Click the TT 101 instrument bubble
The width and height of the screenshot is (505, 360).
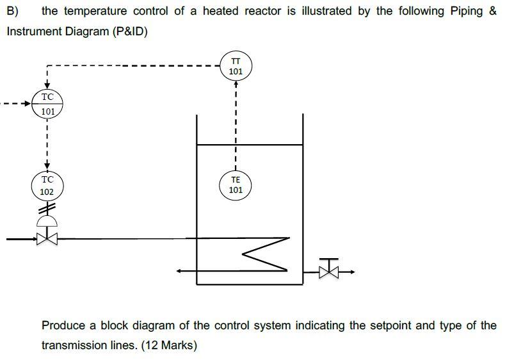[x=236, y=66]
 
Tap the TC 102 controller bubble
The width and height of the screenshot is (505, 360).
[x=47, y=186]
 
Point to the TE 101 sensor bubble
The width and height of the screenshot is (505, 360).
[x=236, y=185]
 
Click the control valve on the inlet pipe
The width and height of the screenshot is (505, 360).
[x=47, y=239]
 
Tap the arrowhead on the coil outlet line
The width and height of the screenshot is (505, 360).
[x=181, y=271]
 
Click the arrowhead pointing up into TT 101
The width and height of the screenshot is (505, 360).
[x=236, y=85]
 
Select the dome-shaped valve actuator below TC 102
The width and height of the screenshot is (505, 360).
[x=47, y=221]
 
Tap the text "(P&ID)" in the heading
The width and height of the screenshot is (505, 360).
[x=130, y=31]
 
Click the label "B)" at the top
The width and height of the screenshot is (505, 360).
[x=13, y=12]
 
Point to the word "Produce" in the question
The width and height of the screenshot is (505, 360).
[x=62, y=325]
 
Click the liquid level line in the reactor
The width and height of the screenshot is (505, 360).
[x=249, y=145]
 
